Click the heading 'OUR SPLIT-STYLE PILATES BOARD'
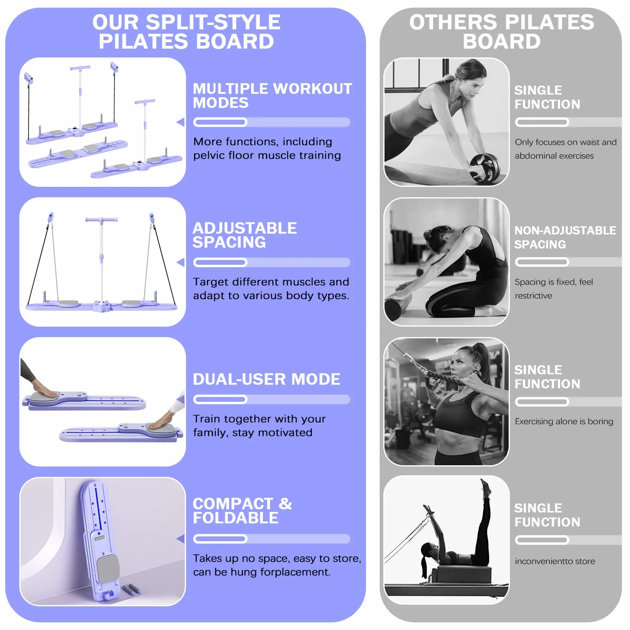pyautogui.click(x=186, y=32)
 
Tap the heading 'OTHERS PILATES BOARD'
pyautogui.click(x=501, y=32)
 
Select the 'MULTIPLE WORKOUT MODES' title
pyautogui.click(x=272, y=96)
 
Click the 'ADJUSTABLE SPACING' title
pyautogui.click(x=245, y=235)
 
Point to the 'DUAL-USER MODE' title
pyautogui.click(x=266, y=379)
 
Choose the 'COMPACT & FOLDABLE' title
pyautogui.click(x=242, y=511)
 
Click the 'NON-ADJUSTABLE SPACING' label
pyautogui.click(x=565, y=237)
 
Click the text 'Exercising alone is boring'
pyautogui.click(x=564, y=421)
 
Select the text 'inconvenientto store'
pyautogui.click(x=555, y=561)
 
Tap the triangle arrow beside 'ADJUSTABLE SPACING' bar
pyautogui.click(x=181, y=262)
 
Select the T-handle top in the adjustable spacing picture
pyautogui.click(x=101, y=220)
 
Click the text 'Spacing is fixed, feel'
pyautogui.click(x=554, y=282)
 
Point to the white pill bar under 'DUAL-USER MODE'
pyautogui.click(x=220, y=399)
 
